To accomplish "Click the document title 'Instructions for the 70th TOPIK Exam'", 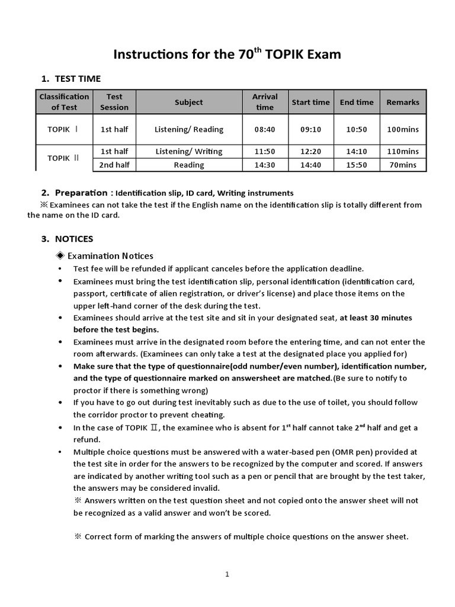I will coord(227,55).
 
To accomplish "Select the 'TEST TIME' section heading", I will coord(78,78).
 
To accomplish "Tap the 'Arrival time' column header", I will coord(265,102).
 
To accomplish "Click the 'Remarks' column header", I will coord(403,102).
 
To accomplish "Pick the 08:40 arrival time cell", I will coord(265,129).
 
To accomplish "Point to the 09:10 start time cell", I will coord(310,129).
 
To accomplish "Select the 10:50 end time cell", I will coord(357,129).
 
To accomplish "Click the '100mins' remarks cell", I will coord(403,129).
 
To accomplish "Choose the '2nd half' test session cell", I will coord(114,165).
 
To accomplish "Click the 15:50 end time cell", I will coord(357,165).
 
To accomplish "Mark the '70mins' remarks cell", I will coord(403,165).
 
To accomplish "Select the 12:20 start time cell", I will coord(310,151).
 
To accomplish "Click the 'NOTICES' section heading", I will coord(74,239).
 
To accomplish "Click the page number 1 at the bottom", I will coord(227,574).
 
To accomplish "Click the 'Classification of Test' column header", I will coord(64,102).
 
